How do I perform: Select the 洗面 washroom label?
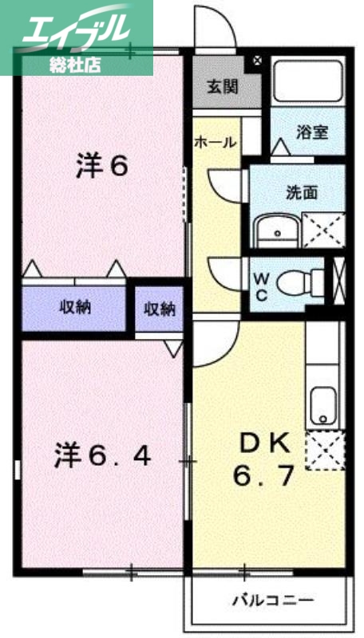click(303, 192)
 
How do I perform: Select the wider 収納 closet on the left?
click(74, 308)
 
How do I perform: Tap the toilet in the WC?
click(306, 281)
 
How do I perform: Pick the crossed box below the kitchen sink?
click(325, 451)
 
